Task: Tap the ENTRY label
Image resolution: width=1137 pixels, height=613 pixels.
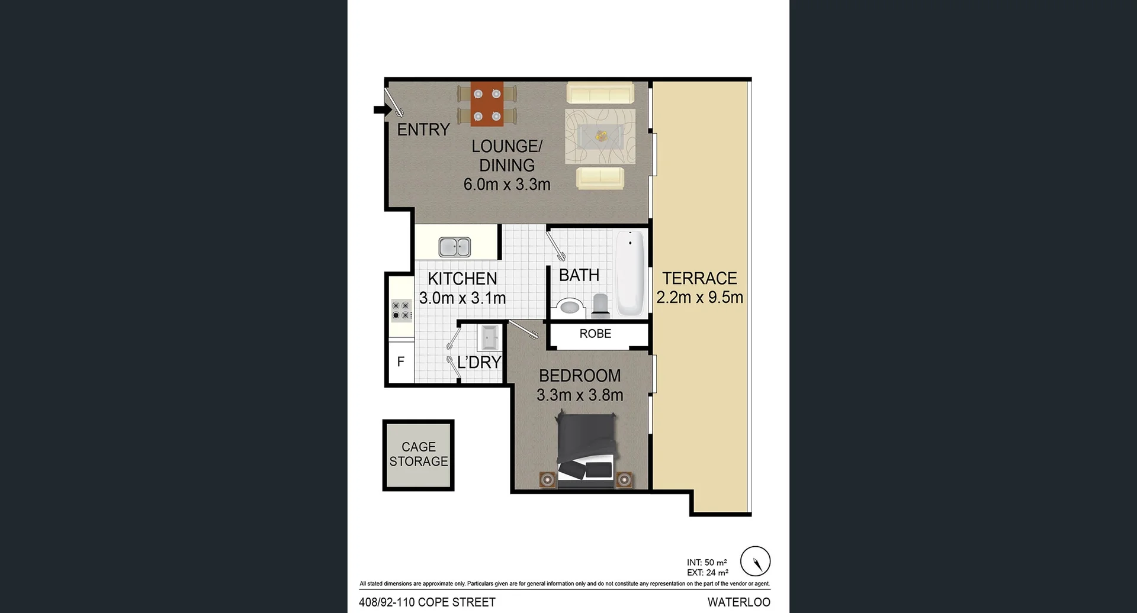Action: pos(423,130)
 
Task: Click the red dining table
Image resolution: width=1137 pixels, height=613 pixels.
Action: pos(487,104)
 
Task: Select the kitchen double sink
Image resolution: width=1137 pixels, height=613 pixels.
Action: pos(455,247)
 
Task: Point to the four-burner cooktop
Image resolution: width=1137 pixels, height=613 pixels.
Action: pos(401,311)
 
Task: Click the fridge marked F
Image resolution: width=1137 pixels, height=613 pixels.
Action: pos(401,362)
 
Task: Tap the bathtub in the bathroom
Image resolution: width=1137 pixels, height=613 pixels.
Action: pos(630,273)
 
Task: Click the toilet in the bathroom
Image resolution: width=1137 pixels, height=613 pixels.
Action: pos(600,304)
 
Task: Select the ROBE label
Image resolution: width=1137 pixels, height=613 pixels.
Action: pos(595,334)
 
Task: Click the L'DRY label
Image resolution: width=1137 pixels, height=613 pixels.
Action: pos(478,362)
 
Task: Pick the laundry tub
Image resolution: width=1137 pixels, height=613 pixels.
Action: pos(490,338)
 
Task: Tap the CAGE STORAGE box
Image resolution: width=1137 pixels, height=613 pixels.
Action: pos(419,454)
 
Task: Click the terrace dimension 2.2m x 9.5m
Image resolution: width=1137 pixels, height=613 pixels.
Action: pos(699,298)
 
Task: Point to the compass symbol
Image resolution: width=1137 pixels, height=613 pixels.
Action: pos(755,561)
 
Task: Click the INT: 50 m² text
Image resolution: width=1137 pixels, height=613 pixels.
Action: pos(706,563)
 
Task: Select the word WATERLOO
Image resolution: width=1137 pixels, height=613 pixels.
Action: pos(738,602)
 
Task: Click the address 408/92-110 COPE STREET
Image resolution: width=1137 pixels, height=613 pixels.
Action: pos(427,602)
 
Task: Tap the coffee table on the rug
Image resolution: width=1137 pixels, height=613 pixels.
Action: pos(600,137)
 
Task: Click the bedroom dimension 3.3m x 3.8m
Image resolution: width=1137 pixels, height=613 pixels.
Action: pos(580,395)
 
